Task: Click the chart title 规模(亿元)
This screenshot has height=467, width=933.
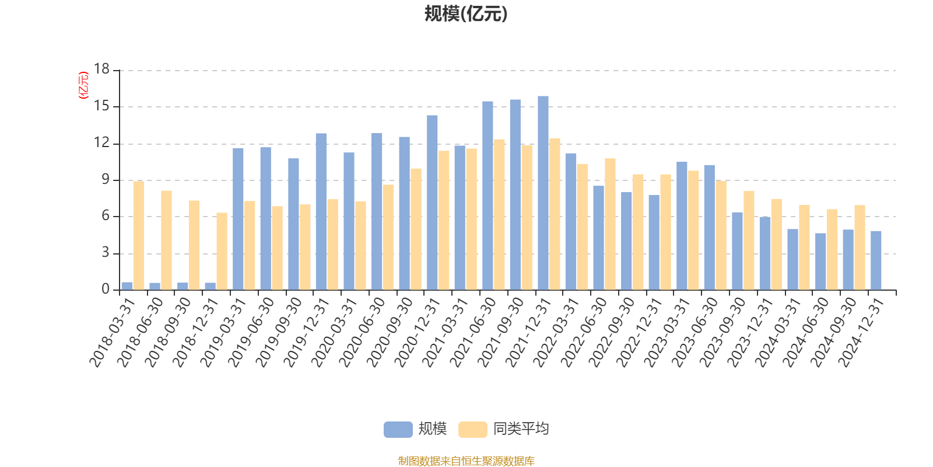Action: [465, 14]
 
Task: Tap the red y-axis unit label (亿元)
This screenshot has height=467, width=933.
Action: [83, 85]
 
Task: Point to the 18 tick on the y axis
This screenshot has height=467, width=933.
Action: [102, 70]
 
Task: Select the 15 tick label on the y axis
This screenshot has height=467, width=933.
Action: [102, 106]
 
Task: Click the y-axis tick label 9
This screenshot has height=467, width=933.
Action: [106, 180]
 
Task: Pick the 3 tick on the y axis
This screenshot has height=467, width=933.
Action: [106, 253]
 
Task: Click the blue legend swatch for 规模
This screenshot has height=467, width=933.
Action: [398, 430]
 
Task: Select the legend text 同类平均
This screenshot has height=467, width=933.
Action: [521, 430]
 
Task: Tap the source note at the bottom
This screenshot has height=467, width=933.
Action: [466, 461]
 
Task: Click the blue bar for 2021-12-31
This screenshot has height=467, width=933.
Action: [543, 193]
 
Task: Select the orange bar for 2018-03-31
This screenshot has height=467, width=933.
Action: [138, 235]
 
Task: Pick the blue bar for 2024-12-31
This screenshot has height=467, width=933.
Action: [876, 260]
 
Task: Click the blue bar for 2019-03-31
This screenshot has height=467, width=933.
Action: [238, 219]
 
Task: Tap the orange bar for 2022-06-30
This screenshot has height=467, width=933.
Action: [610, 224]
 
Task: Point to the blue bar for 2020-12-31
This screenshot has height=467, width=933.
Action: [432, 203]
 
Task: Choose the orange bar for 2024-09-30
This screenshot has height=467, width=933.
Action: [860, 248]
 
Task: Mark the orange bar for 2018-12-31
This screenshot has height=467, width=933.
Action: [222, 251]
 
